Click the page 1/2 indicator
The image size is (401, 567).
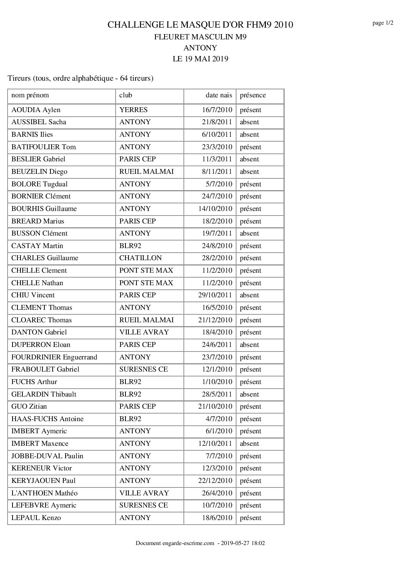pos(382,23)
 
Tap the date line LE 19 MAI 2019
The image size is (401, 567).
pos(200,59)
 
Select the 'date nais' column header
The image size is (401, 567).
pos(219,95)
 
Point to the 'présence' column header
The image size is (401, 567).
pos(253,95)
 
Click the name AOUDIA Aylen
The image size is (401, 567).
pos(36,110)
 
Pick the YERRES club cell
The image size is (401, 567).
pos(133,110)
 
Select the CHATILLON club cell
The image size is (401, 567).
pos(140,258)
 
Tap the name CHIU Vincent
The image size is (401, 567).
pos(33,295)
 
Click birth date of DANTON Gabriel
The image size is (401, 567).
pos(217,332)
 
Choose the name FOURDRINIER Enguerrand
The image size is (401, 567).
pos(54,357)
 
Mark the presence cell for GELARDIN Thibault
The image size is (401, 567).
pos(249,394)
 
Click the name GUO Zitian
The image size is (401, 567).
pos(29,406)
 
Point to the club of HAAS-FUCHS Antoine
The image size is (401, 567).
pos(130,419)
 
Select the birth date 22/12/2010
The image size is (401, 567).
pos(215,481)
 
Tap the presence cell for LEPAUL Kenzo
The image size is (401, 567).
pos(251,518)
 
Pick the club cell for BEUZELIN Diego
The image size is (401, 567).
pos(146,172)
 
